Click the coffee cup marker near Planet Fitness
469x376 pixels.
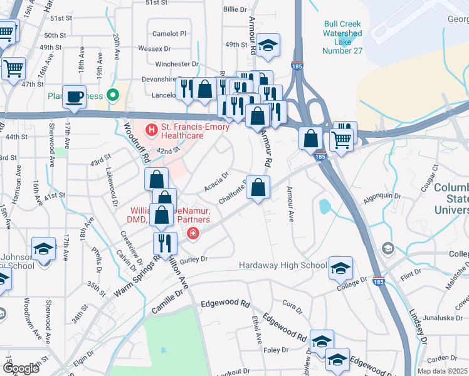coord(74,97)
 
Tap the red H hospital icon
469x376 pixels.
coord(150,130)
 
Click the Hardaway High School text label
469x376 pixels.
coord(282,266)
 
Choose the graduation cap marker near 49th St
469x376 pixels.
coord(268,45)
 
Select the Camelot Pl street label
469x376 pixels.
coord(171,33)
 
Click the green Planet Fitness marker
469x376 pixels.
coord(113,96)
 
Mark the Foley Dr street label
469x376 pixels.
coord(276,350)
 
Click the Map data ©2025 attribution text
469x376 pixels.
coord(442,371)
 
